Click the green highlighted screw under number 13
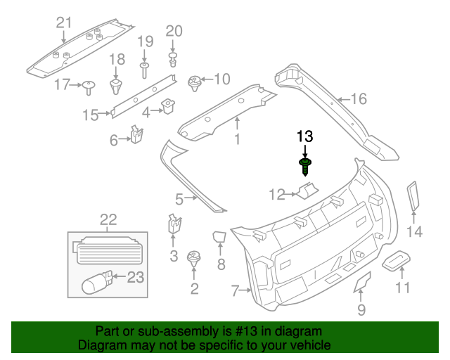click(305, 167)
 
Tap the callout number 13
click(304, 136)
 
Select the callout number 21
click(64, 23)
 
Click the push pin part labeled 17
click(89, 86)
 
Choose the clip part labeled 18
click(117, 86)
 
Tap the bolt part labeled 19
click(145, 69)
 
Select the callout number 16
click(359, 99)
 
